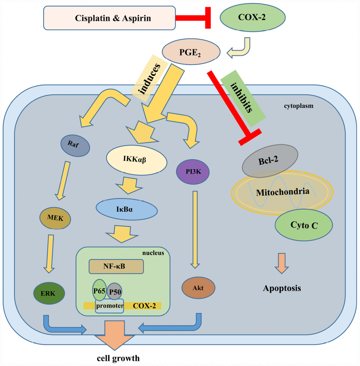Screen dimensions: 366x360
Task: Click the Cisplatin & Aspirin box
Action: click(109, 18)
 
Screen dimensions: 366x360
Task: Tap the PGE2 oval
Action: click(191, 52)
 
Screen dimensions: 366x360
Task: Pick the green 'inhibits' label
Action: click(242, 98)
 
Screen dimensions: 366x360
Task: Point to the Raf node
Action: click(75, 144)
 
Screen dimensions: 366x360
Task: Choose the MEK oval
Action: click(56, 218)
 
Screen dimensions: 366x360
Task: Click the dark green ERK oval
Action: click(49, 293)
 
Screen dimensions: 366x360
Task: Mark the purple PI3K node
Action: click(193, 172)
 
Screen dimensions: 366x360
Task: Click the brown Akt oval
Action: click(198, 288)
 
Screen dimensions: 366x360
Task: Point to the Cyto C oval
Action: click(304, 225)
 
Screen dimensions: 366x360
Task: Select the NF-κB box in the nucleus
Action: click(116, 266)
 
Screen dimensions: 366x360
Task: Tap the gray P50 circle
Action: click(114, 292)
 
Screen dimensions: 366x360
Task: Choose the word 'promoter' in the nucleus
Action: click(109, 306)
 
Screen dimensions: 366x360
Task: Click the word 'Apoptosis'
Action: click(282, 288)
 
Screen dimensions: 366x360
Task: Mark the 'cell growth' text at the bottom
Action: click(118, 358)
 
